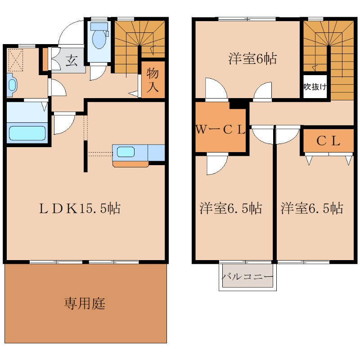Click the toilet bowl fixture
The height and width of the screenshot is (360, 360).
click(99, 39)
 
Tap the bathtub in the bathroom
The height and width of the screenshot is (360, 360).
click(27, 133)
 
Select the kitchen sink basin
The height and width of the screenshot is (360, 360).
click(126, 152)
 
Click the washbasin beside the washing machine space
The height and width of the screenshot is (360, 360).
click(13, 85)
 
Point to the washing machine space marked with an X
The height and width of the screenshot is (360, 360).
click(16, 60)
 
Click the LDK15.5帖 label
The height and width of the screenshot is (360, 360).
click(80, 208)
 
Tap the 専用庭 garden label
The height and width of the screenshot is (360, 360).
click(85, 303)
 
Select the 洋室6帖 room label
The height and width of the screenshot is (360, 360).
click(252, 58)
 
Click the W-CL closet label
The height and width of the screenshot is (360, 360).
click(220, 130)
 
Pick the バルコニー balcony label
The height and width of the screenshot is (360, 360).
click(247, 277)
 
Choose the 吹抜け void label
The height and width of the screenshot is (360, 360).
click(315, 87)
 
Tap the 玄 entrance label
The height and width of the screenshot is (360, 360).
click(72, 61)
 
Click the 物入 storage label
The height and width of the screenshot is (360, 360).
click(153, 80)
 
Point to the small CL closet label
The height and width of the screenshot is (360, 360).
click(328, 141)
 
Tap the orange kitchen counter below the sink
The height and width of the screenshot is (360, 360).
click(130, 164)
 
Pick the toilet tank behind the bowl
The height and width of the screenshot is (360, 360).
click(99, 26)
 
